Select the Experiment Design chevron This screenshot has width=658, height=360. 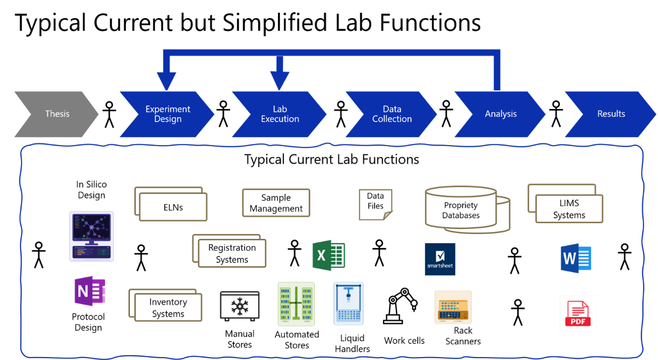167,114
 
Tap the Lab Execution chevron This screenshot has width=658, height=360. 279,114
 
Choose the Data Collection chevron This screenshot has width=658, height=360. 392,114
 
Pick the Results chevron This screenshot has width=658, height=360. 611,114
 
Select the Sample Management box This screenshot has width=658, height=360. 276,203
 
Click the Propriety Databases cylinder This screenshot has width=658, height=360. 467,209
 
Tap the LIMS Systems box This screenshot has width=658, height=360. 565,204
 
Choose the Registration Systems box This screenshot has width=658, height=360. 229,251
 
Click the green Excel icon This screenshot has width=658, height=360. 329,255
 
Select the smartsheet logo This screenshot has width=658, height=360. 440,259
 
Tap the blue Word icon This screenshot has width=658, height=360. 576,258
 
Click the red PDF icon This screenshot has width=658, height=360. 578,313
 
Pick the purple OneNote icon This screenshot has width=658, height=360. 90,291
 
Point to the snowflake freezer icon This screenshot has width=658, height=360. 240,306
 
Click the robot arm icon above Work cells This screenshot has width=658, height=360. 400,306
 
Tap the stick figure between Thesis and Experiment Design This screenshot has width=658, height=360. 109,115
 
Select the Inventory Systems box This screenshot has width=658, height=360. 166,305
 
